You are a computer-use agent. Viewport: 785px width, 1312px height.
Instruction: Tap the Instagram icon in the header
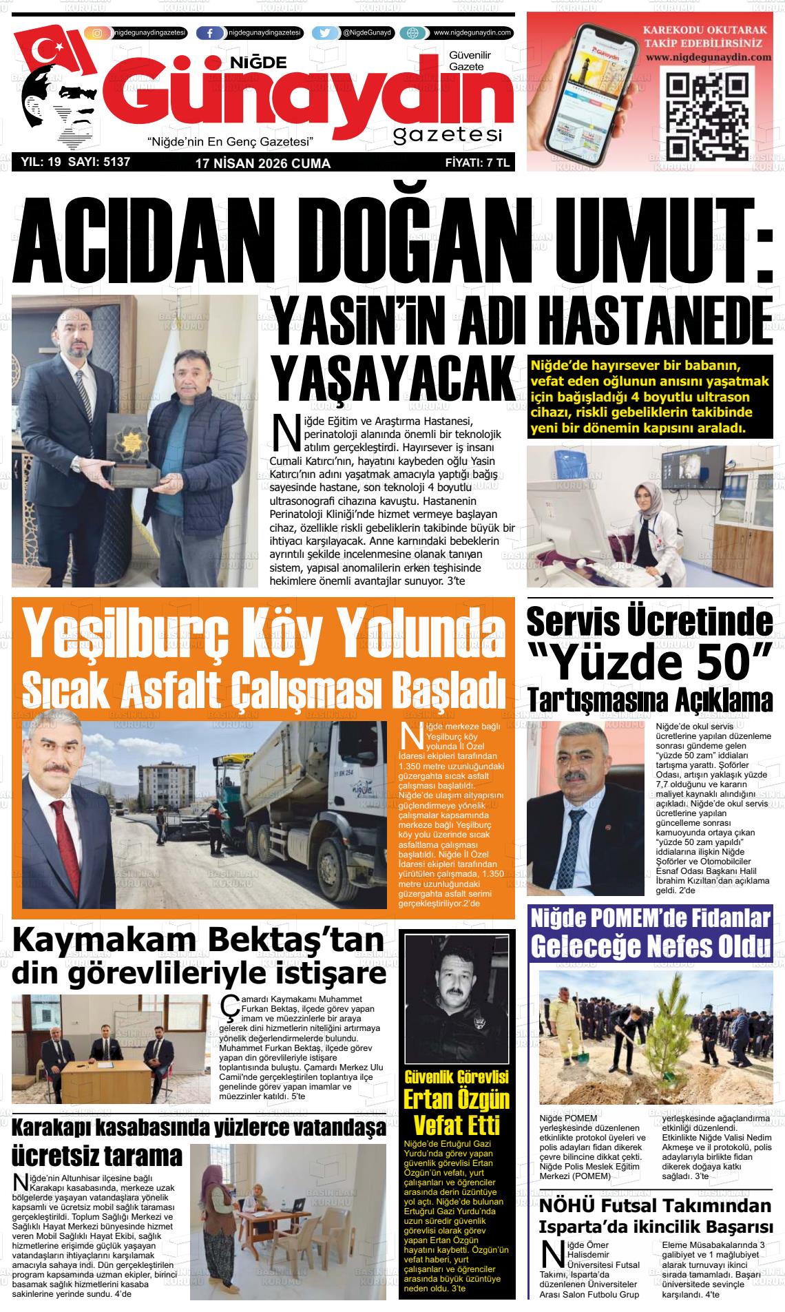(x=97, y=33)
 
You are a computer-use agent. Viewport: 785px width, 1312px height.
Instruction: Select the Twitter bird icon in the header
(x=325, y=33)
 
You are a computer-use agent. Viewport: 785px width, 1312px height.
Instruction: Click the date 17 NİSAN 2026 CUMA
(x=262, y=164)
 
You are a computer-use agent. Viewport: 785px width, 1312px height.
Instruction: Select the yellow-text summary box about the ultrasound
(x=649, y=397)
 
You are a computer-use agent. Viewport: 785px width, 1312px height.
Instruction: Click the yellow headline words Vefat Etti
(x=456, y=1125)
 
